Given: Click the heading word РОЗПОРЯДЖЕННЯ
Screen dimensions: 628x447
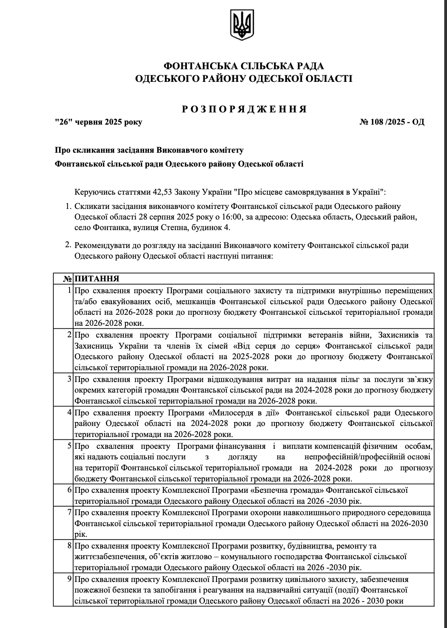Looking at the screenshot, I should coord(243,109).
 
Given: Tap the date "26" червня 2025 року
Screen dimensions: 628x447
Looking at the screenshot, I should coord(99,122).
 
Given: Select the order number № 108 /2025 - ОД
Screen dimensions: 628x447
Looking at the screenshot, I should coord(392,122).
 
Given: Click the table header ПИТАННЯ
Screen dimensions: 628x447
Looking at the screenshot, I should coord(97,279).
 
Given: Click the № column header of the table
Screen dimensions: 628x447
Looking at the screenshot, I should coord(67,279).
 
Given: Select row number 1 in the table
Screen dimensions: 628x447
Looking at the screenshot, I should coord(70,291).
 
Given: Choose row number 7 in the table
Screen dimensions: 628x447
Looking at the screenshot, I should coord(70,512).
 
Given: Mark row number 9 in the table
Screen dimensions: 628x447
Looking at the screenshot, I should coord(70,579).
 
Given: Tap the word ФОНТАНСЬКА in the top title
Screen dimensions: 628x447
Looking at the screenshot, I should coord(194,66).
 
